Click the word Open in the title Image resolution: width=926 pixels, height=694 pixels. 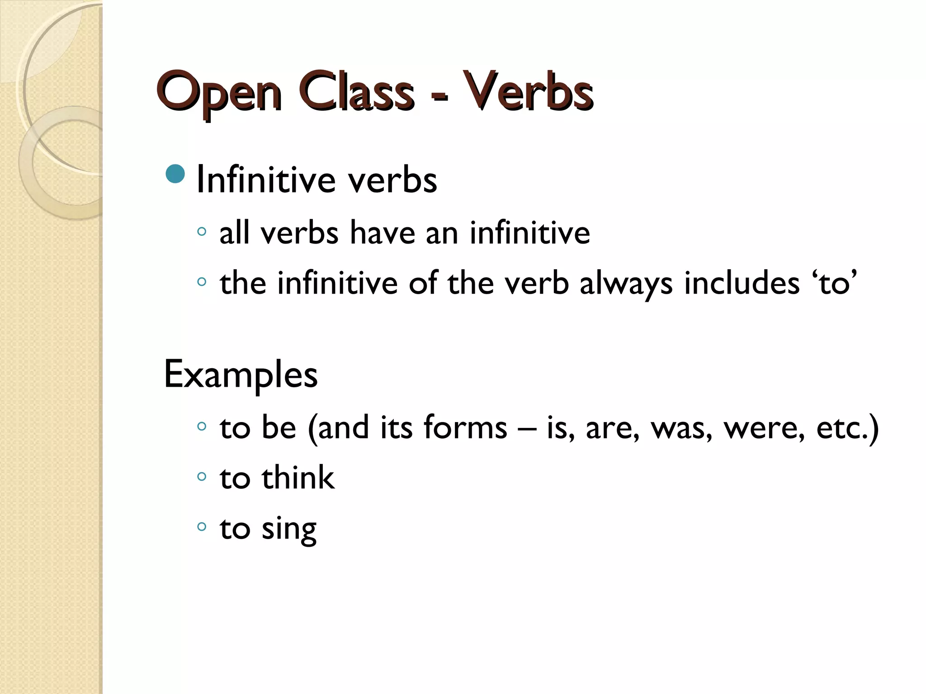tap(219, 93)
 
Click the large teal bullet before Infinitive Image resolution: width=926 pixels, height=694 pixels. tap(175, 173)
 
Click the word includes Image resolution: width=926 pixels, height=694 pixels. tap(742, 283)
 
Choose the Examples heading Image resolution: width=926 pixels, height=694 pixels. tap(241, 375)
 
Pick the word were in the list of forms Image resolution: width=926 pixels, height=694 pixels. tap(764, 428)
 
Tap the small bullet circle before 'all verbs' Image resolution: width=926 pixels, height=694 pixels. tap(202, 232)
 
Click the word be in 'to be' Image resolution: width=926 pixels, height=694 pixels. tap(279, 427)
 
